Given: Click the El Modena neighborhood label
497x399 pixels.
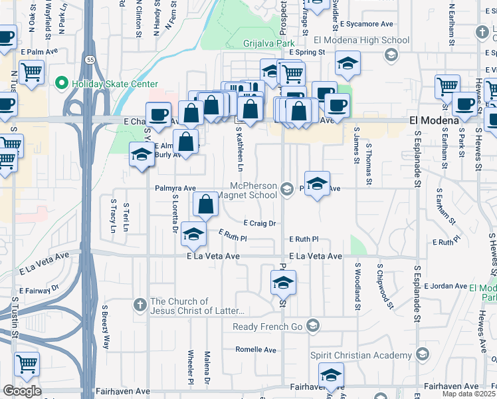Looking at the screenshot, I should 434,120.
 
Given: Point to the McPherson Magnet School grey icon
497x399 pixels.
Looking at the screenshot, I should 287,190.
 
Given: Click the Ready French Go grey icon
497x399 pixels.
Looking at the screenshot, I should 314,326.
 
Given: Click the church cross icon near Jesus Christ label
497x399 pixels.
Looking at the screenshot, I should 140,305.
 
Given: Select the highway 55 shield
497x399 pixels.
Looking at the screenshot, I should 89,60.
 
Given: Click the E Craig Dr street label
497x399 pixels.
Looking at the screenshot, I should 259,223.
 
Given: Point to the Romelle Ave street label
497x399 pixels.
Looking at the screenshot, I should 256,350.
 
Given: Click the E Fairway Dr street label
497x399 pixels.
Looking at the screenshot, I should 39,289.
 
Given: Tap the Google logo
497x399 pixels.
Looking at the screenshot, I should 22,391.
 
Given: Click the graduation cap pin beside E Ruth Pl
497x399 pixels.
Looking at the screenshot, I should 193,235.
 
